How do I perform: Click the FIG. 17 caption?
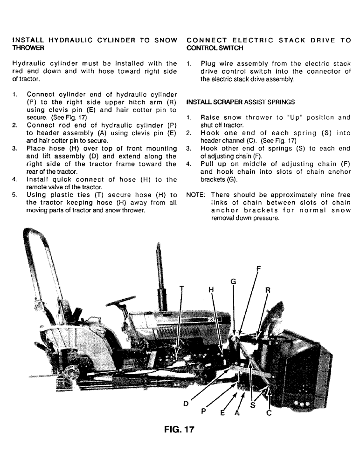coord(175,429)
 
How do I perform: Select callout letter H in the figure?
coord(211,289)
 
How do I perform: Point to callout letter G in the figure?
coord(234,281)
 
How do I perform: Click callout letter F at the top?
coord(259,268)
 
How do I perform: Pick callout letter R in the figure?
coord(268,289)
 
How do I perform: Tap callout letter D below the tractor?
coord(186,404)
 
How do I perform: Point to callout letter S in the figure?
coord(253,405)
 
